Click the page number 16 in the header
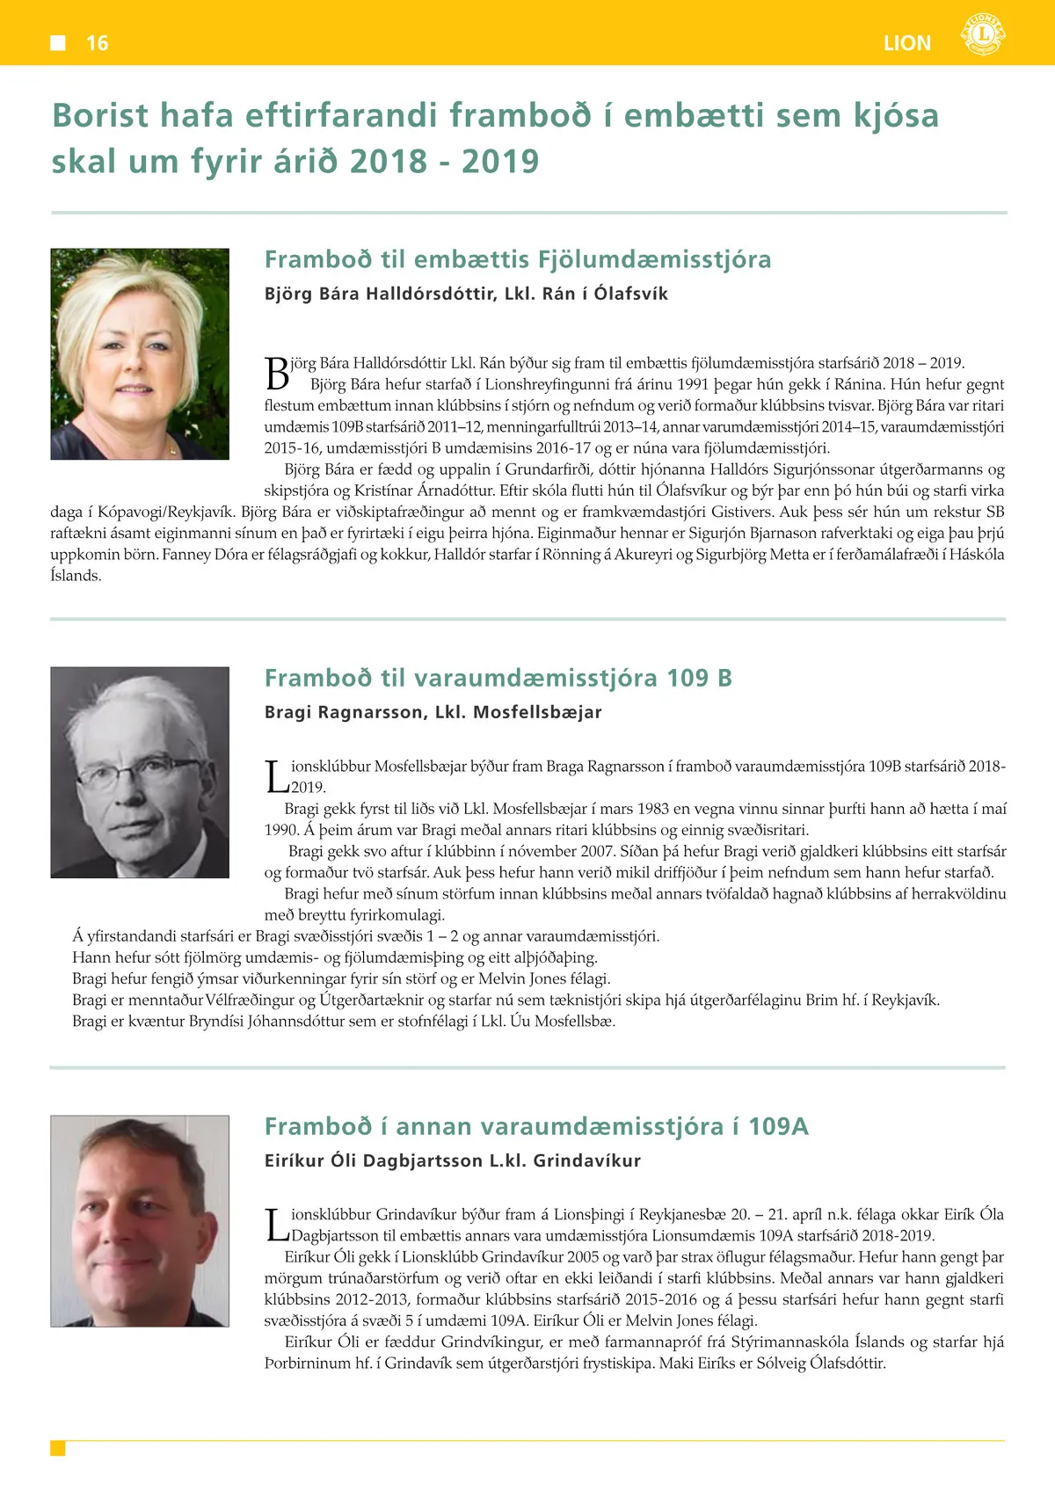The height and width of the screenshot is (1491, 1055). coord(97,43)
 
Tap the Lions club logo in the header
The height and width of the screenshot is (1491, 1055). coord(983,35)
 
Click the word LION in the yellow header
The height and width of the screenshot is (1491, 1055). coord(906,43)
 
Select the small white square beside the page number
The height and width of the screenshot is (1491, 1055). coord(58,42)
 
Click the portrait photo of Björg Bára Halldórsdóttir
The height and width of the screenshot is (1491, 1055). coord(140,353)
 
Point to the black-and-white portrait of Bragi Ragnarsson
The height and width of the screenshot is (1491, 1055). coord(140,772)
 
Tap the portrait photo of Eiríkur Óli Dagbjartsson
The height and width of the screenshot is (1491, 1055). coord(140,1220)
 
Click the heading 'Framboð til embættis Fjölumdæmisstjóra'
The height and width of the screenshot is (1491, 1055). coord(518,259)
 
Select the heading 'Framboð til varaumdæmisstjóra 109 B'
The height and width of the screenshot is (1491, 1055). coord(498,678)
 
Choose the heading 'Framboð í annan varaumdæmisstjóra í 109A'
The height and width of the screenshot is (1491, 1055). coord(536,1126)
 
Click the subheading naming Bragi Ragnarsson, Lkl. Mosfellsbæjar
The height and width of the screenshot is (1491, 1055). coord(433,712)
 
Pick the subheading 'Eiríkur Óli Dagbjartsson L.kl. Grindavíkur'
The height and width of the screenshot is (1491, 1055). coord(453,1160)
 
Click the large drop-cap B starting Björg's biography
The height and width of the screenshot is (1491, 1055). coord(277,374)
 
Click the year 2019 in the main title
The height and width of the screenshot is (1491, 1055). coord(500,161)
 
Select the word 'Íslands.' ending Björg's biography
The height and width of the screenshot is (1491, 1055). coord(76,576)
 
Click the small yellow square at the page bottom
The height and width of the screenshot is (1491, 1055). coord(58,1448)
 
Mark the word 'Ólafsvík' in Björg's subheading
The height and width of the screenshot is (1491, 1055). coord(630,294)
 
